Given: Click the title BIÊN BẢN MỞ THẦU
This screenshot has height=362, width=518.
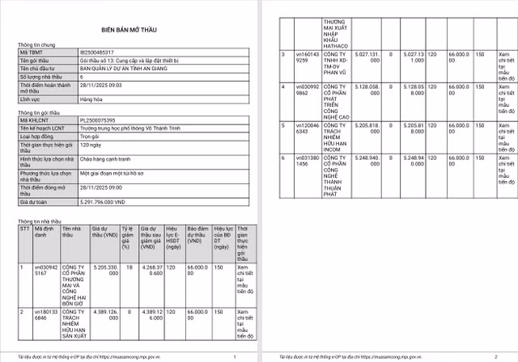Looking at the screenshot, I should point(129,27).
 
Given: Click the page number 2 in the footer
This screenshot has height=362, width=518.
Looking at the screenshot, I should point(494,356).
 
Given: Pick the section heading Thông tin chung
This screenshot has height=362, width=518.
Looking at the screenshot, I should point(37,44).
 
